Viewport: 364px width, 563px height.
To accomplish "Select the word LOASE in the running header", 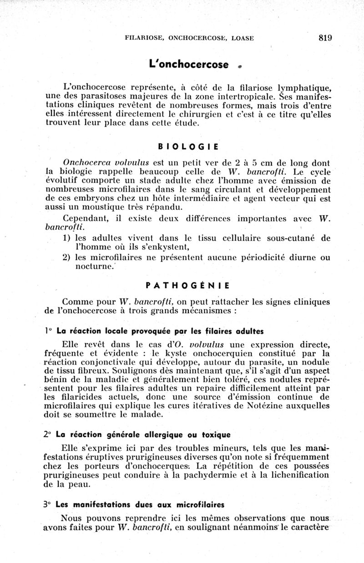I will click(243, 39).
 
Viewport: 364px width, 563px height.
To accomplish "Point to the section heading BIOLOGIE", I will click(188, 147).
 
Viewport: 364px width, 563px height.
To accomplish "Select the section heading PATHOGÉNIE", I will click(188, 286).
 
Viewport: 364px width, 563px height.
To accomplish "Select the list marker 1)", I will click(67, 238).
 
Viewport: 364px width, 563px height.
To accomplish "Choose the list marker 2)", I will click(67, 258).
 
